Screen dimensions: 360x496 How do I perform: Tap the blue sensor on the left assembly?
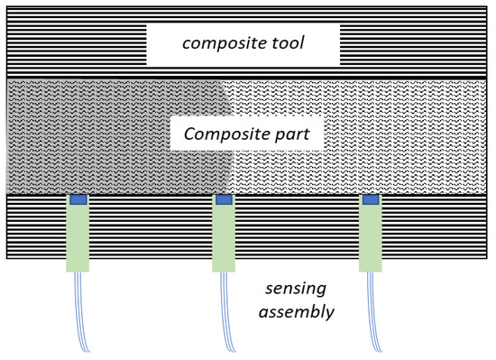click(x=78, y=199)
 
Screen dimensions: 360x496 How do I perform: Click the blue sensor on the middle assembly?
click(x=224, y=199)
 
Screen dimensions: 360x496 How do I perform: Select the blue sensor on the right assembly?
click(x=370, y=199)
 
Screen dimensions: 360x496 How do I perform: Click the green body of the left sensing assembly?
click(x=78, y=239)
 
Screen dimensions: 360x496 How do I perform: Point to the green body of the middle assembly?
click(x=224, y=239)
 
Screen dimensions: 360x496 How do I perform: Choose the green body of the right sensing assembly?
click(x=370, y=239)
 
